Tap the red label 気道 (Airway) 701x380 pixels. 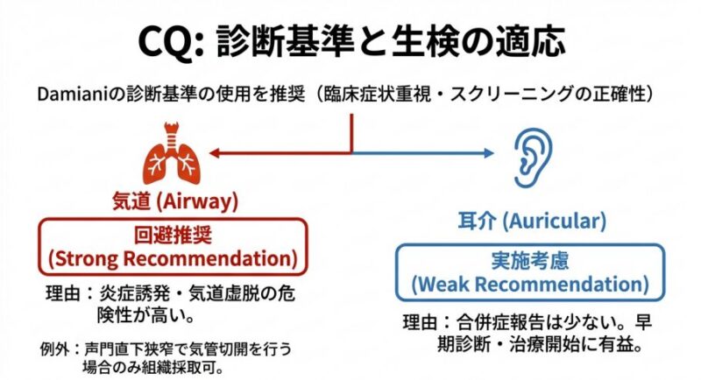point(175,201)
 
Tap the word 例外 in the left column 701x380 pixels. point(54,348)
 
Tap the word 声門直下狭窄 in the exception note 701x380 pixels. point(120,348)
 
